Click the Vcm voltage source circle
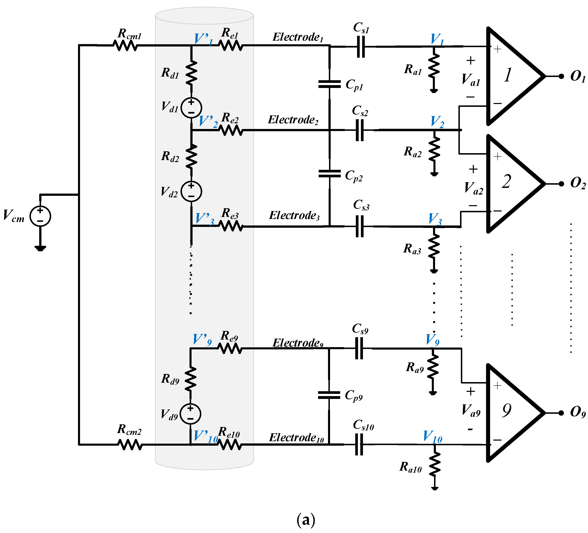pos(40,216)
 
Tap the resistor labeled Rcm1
pos(125,45)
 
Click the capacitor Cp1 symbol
pos(330,84)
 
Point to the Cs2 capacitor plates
pos(360,130)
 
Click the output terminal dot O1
pos(561,76)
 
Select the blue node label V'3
pos(204,219)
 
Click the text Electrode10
pos(296,438)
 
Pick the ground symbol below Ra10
pos(435,488)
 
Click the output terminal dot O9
pos(561,413)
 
